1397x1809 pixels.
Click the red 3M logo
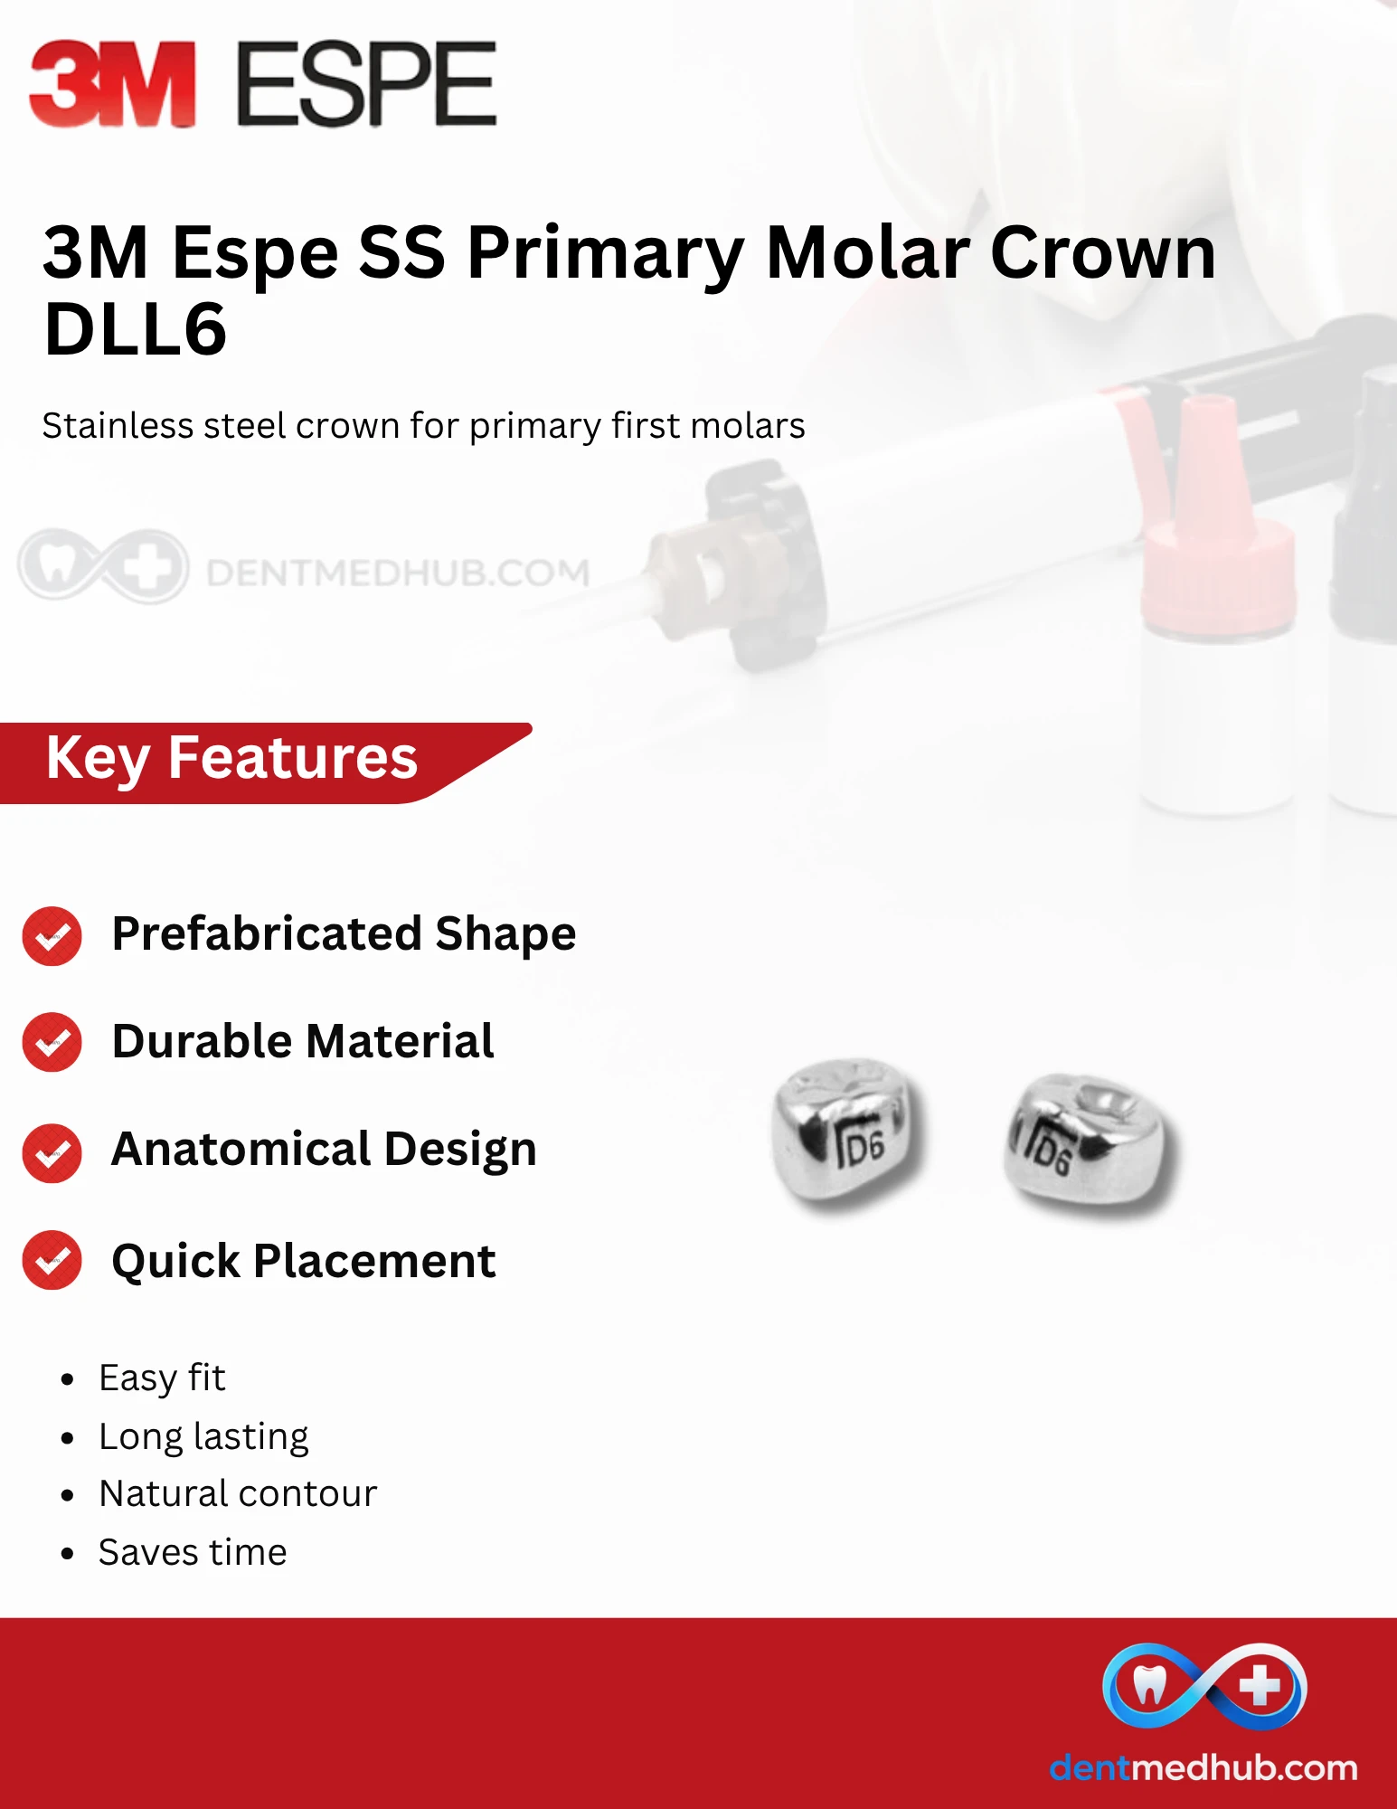[x=112, y=83]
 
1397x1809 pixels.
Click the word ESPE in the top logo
[x=366, y=83]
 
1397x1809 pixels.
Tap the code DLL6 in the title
[x=135, y=328]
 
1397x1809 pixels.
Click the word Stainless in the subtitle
[x=117, y=425]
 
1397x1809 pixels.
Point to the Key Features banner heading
[x=231, y=758]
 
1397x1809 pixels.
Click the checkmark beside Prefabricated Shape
[x=52, y=935]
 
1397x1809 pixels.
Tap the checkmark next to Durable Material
[x=52, y=1042]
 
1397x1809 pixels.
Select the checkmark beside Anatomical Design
[x=52, y=1152]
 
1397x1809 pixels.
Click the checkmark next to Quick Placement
[x=52, y=1260]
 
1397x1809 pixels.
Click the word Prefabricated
[x=267, y=933]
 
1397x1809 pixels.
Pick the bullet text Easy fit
[x=162, y=1378]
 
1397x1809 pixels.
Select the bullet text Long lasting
[x=203, y=1436]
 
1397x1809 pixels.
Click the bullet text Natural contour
[x=238, y=1493]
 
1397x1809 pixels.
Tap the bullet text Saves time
[x=193, y=1552]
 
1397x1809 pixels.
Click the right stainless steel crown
[x=1090, y=1143]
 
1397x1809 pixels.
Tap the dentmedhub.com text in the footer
[x=1203, y=1767]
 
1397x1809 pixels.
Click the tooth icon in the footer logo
[x=1149, y=1685]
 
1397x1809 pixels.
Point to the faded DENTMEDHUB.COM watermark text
[x=398, y=573]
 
